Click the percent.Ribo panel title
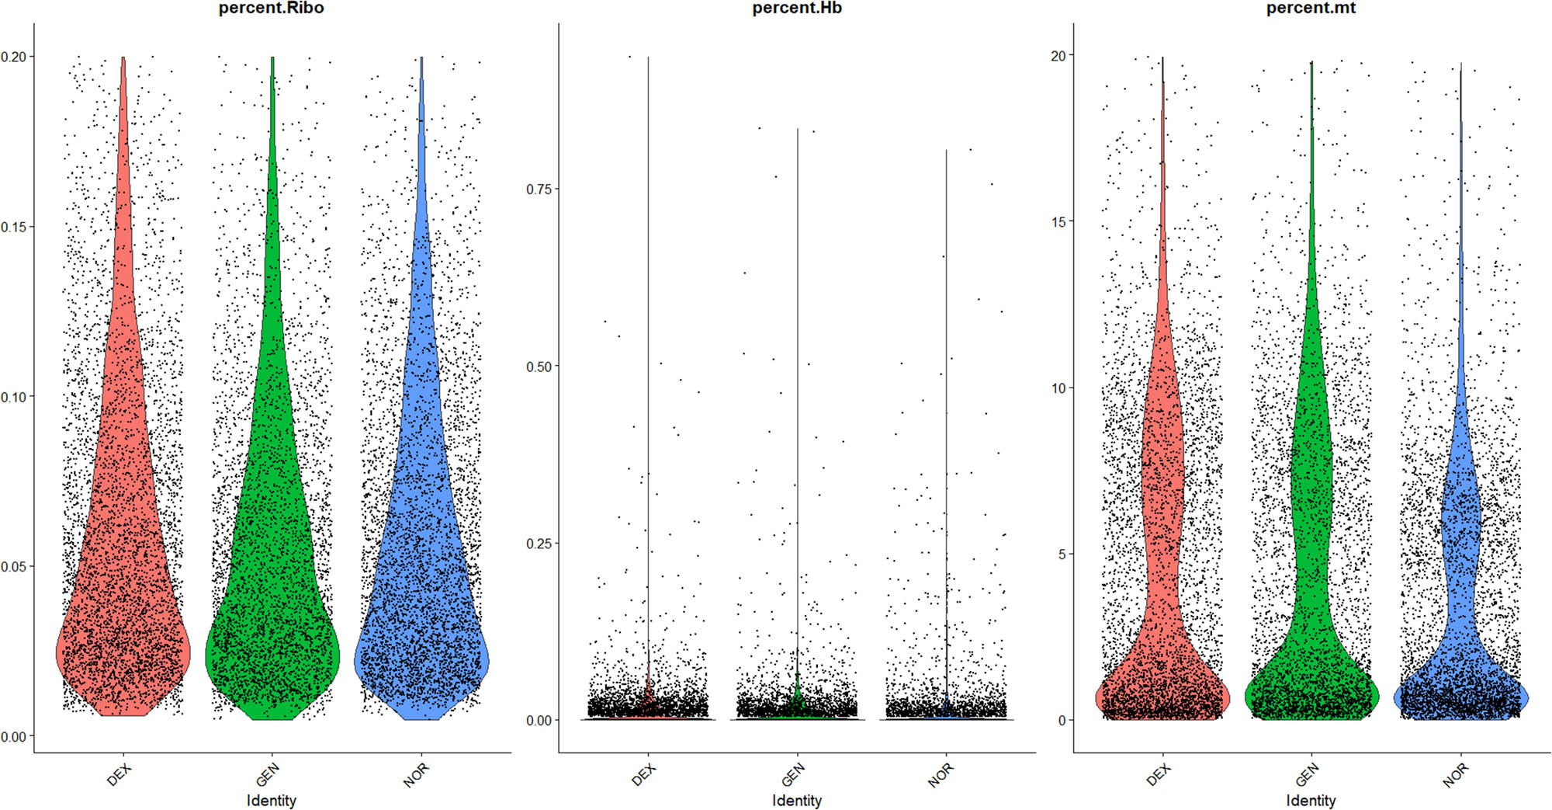[x=271, y=9]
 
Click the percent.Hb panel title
[x=797, y=9]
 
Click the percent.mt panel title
[x=1311, y=9]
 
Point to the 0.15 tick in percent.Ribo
[x=14, y=227]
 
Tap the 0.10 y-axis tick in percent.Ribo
[x=14, y=397]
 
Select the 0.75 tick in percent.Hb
[x=539, y=189]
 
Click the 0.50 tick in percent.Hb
[x=539, y=367]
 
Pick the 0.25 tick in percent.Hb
[x=539, y=544]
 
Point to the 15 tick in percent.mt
[x=1058, y=221]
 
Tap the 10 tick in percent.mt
[x=1058, y=388]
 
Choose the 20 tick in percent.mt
[x=1058, y=55]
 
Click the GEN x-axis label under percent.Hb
[x=793, y=774]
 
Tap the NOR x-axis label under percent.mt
[x=1456, y=774]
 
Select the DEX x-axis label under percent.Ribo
[x=120, y=774]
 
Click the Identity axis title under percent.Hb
[x=797, y=800]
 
